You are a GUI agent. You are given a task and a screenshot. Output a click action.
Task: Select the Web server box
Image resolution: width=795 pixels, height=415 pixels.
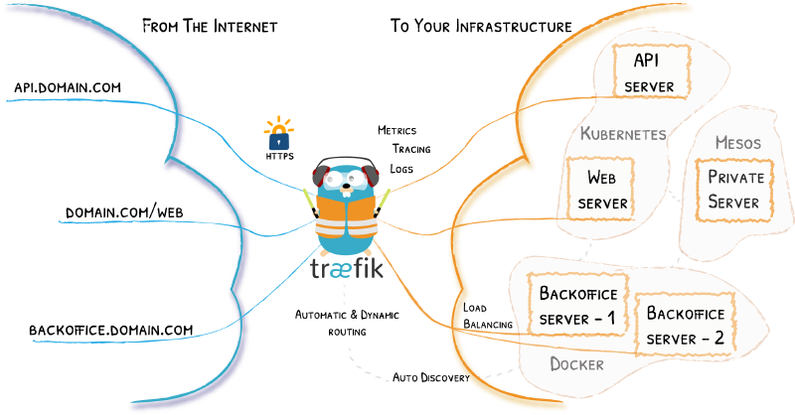607,191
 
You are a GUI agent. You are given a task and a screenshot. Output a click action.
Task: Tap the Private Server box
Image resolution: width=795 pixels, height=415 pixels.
733,189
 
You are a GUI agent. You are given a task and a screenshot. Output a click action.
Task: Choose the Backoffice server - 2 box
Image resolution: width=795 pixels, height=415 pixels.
686,326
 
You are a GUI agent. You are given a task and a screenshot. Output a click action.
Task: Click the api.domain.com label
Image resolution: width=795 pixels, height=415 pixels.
68,87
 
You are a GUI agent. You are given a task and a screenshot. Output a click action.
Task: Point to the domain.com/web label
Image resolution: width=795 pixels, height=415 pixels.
124,213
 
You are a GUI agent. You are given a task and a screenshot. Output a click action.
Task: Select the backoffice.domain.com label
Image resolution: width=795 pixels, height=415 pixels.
110,330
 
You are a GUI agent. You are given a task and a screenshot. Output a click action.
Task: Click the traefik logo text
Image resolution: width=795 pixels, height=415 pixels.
344,270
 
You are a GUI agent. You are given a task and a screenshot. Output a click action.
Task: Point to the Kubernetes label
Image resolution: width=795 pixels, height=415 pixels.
623,133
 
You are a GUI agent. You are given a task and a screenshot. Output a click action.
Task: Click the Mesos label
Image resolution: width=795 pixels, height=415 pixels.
737,143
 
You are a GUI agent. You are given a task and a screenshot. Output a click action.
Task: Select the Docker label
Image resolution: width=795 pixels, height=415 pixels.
576,364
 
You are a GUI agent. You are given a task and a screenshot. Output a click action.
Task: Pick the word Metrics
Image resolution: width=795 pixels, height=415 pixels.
397,130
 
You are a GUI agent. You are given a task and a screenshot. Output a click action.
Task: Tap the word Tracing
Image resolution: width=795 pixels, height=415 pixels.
409,149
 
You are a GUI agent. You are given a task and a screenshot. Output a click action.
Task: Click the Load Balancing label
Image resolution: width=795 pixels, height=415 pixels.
487,316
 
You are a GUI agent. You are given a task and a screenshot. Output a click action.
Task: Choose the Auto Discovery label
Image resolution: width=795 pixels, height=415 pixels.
430,377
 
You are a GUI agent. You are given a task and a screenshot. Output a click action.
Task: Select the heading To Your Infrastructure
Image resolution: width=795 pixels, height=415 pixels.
480,25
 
